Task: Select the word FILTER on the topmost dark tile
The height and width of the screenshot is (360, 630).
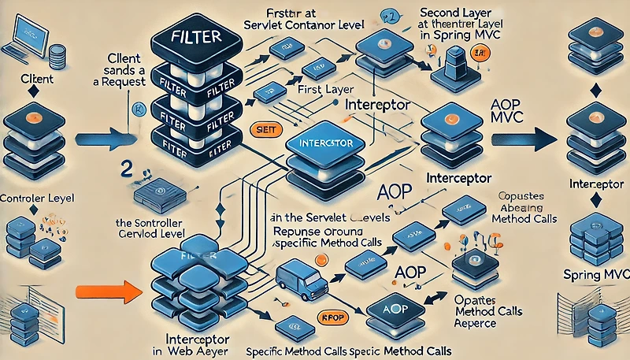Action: coord(190,38)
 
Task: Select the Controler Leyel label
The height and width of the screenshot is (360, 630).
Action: coord(38,197)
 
